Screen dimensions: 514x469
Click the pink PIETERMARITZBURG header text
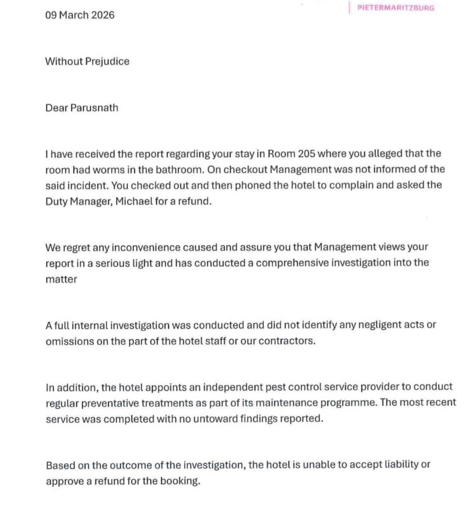[396, 8]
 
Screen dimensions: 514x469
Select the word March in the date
[74, 15]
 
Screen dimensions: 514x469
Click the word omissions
[68, 340]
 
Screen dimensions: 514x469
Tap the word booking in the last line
[181, 481]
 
